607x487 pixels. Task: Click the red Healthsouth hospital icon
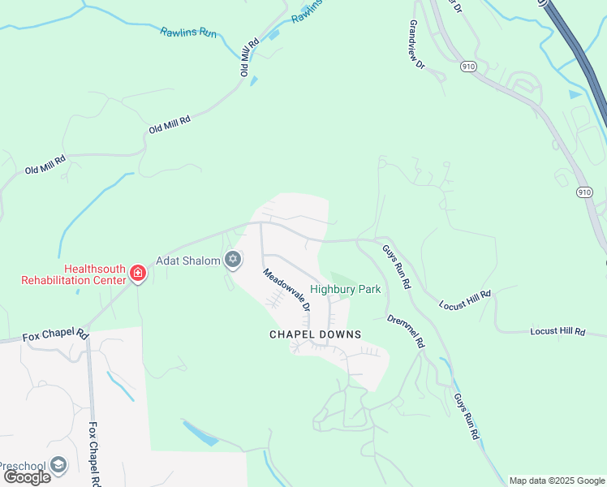(138, 274)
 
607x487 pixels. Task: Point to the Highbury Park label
(346, 289)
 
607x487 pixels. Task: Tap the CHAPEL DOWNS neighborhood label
(315, 334)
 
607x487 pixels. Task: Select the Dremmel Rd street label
(406, 332)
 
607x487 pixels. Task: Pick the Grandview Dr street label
(417, 49)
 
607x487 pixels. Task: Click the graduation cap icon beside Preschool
(58, 465)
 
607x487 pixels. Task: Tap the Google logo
(27, 476)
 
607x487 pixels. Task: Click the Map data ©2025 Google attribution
(556, 481)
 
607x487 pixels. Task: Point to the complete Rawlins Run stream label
(188, 32)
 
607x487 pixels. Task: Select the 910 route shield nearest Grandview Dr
(467, 64)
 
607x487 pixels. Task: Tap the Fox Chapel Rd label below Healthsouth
(55, 334)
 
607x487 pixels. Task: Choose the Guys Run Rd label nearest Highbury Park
(397, 269)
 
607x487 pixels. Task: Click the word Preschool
(23, 466)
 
